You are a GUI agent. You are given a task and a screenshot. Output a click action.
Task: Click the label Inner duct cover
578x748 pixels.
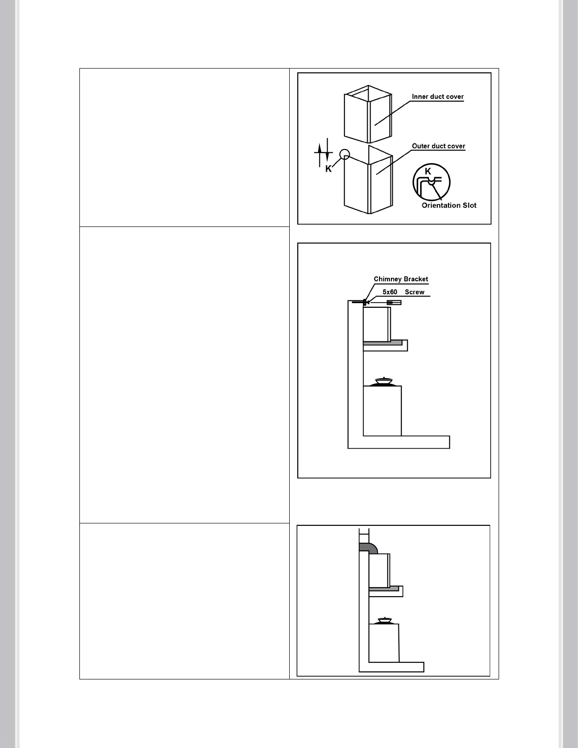click(438, 97)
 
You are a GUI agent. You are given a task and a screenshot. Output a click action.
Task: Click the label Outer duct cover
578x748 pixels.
click(438, 146)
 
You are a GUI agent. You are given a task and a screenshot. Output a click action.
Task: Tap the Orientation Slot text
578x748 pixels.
click(449, 206)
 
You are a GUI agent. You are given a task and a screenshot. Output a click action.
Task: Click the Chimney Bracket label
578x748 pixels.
click(401, 279)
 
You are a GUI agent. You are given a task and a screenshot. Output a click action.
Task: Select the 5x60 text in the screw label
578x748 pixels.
click(390, 292)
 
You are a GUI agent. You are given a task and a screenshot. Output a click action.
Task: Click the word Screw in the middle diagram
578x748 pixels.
click(414, 292)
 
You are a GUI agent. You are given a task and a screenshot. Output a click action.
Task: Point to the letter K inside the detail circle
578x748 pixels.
click(428, 172)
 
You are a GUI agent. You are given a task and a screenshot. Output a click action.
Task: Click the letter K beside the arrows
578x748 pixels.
click(328, 169)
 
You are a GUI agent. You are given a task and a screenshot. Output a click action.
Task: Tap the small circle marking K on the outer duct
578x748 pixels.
click(345, 155)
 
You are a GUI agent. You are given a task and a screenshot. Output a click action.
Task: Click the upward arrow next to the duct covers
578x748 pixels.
click(319, 155)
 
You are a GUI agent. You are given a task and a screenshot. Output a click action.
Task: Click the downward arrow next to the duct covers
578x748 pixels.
click(327, 150)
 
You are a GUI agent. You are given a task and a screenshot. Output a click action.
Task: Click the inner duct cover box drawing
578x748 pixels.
click(368, 114)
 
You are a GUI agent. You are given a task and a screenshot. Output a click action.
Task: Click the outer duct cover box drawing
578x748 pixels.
click(369, 180)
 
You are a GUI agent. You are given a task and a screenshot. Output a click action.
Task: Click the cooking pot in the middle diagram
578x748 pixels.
click(384, 382)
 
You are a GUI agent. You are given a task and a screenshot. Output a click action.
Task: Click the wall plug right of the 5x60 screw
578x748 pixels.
click(394, 303)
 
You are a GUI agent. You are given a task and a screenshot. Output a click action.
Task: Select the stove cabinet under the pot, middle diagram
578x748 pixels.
click(382, 411)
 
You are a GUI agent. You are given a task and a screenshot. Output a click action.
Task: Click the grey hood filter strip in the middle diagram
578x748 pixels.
click(383, 343)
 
